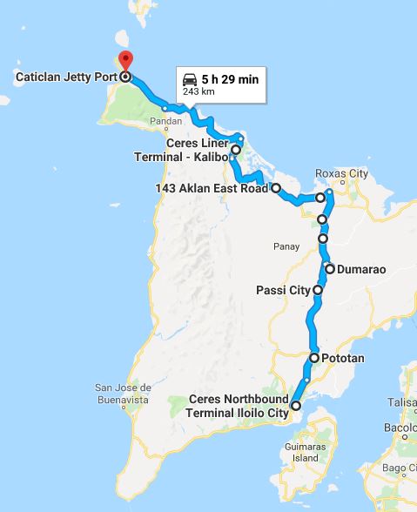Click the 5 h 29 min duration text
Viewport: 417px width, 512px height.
(229, 78)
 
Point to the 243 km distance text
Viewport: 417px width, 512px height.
(198, 91)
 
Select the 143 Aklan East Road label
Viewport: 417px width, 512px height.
(212, 188)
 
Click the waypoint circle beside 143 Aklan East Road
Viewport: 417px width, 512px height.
(275, 187)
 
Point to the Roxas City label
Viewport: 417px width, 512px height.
(336, 172)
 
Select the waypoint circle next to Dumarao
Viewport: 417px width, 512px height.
(330, 268)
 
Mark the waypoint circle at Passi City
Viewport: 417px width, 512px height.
(318, 289)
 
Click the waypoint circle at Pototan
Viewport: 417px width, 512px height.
(314, 357)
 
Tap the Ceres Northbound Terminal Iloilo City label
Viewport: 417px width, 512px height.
(239, 406)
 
